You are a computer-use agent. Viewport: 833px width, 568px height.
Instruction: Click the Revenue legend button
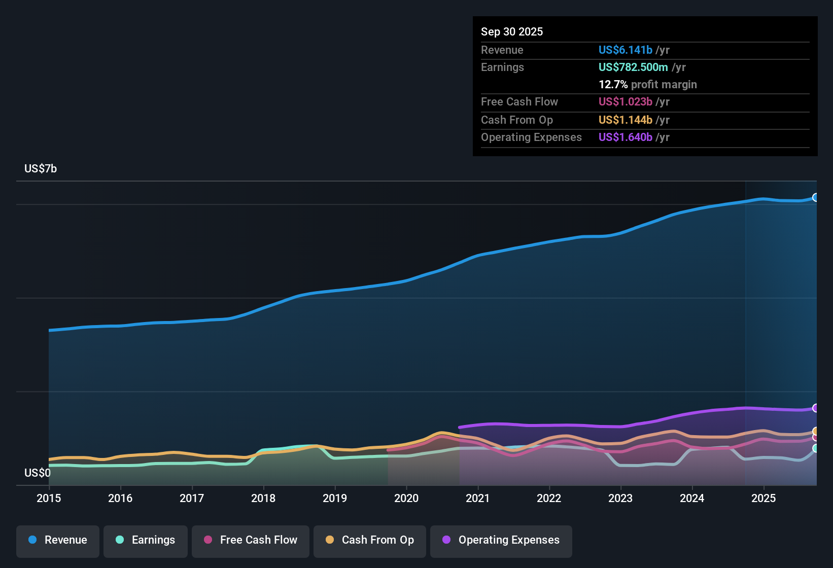(58, 540)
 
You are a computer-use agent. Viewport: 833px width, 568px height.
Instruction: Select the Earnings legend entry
(146, 540)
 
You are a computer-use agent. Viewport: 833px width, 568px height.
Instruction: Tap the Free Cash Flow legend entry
(251, 540)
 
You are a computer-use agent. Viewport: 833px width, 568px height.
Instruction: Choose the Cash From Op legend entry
(370, 540)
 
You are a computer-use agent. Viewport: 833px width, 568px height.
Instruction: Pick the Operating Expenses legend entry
(501, 540)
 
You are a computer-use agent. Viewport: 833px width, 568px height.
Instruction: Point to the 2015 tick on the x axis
(49, 498)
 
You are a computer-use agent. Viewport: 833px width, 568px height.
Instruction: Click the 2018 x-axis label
(263, 498)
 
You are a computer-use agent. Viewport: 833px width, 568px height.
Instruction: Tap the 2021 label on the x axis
(477, 498)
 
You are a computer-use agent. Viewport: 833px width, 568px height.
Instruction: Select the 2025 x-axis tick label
(763, 498)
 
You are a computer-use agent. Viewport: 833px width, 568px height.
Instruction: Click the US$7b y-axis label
(41, 169)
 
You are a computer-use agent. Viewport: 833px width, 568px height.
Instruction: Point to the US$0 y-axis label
(38, 473)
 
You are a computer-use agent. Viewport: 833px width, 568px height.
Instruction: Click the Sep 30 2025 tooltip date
(511, 32)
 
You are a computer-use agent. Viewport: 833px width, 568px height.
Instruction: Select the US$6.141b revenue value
(625, 50)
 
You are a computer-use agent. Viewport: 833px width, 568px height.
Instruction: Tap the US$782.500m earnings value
(633, 67)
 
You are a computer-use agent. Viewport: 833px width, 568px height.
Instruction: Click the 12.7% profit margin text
(647, 85)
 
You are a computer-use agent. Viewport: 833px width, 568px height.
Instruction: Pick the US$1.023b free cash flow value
(625, 102)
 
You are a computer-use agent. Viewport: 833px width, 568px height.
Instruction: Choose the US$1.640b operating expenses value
(625, 137)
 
